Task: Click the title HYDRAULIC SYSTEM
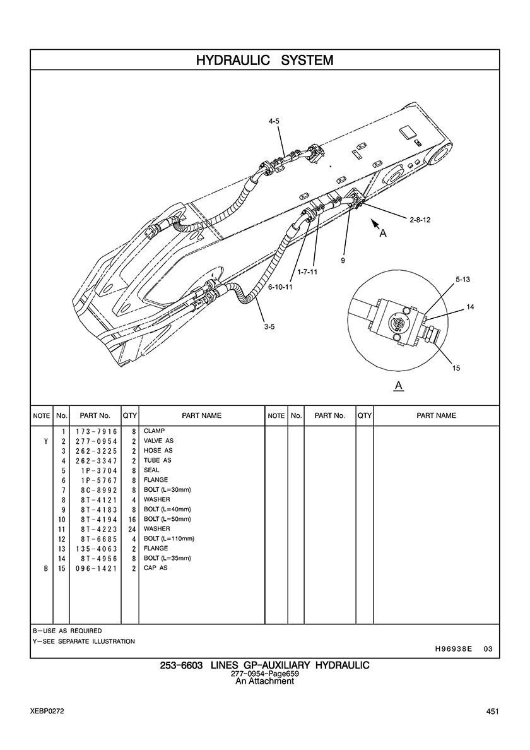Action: click(264, 61)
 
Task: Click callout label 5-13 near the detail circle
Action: click(462, 278)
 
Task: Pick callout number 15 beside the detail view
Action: click(456, 369)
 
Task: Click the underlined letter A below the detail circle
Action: click(398, 385)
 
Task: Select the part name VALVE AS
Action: click(158, 441)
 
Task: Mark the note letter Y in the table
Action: click(45, 441)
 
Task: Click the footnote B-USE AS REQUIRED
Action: click(67, 631)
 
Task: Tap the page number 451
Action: click(493, 711)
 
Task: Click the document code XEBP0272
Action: click(46, 711)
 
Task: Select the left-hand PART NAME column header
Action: click(201, 415)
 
